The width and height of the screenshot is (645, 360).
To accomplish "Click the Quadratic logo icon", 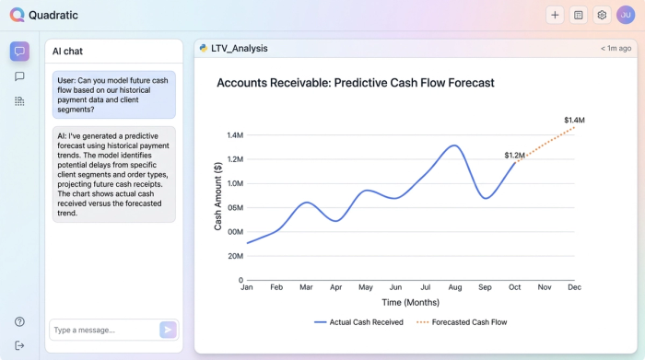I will click(18, 15).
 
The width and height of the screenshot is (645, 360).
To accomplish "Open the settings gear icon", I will click(602, 15).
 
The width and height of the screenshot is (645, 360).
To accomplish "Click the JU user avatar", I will click(626, 15).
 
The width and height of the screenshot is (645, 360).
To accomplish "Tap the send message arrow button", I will click(167, 330).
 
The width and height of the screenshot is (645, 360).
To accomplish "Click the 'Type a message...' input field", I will click(102, 330).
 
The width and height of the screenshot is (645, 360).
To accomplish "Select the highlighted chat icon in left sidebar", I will click(19, 52).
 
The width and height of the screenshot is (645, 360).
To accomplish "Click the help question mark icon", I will click(19, 321).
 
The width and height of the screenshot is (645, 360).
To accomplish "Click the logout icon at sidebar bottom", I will click(19, 345).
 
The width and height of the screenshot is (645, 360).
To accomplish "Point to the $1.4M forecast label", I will click(574, 121).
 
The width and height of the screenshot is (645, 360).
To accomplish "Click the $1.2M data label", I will click(514, 155).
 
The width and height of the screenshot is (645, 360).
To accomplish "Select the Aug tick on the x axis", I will click(454, 287).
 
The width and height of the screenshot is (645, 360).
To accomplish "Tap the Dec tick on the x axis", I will click(574, 287).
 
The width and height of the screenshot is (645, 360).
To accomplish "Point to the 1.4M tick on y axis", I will click(234, 135).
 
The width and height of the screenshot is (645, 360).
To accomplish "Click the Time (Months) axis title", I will click(410, 302).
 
